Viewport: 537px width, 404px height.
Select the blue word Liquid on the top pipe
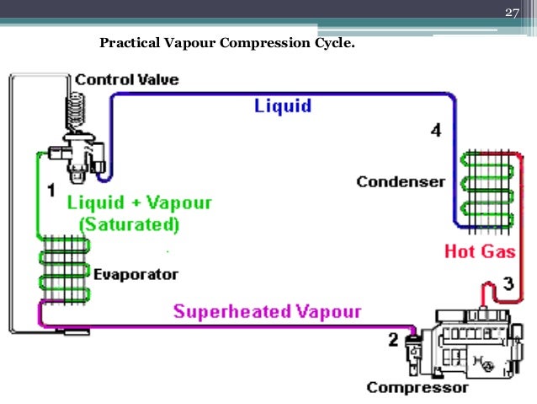pyautogui.click(x=283, y=106)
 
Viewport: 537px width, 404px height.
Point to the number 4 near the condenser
pyautogui.click(x=434, y=130)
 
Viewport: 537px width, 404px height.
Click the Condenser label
pyautogui.click(x=400, y=181)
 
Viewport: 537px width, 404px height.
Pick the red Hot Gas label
pyautogui.click(x=480, y=251)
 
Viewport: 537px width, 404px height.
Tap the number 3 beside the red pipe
pyautogui.click(x=508, y=283)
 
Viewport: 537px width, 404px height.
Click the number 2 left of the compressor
pyautogui.click(x=392, y=340)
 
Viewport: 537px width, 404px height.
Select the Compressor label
pyautogui.click(x=417, y=388)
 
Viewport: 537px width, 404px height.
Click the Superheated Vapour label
pyautogui.click(x=267, y=311)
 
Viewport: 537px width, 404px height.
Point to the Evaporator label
pyautogui.click(x=136, y=275)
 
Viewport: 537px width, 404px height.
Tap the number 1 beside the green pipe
pyautogui.click(x=51, y=188)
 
